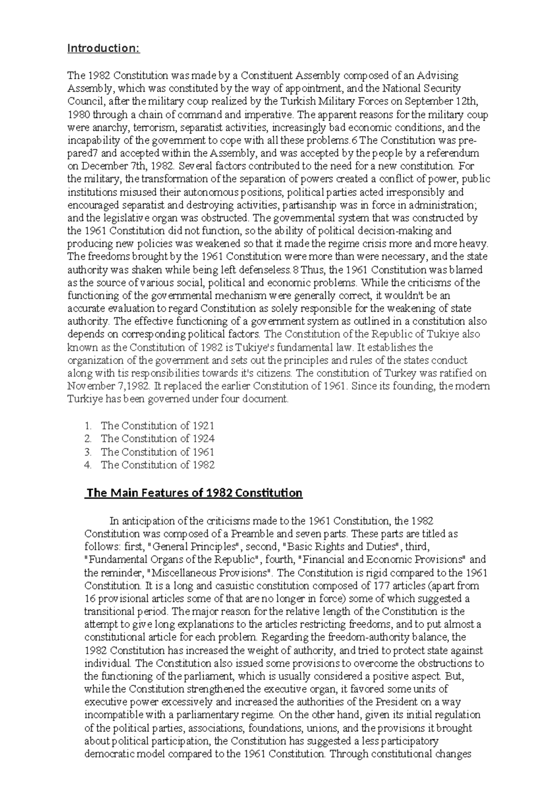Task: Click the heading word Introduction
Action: (103, 48)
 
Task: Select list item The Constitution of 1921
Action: (157, 426)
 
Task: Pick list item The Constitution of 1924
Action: (157, 439)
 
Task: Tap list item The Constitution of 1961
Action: (157, 452)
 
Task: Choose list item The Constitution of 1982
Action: (157, 465)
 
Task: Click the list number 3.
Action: (88, 452)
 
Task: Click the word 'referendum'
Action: (454, 153)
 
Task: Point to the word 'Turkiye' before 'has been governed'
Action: (85, 399)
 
